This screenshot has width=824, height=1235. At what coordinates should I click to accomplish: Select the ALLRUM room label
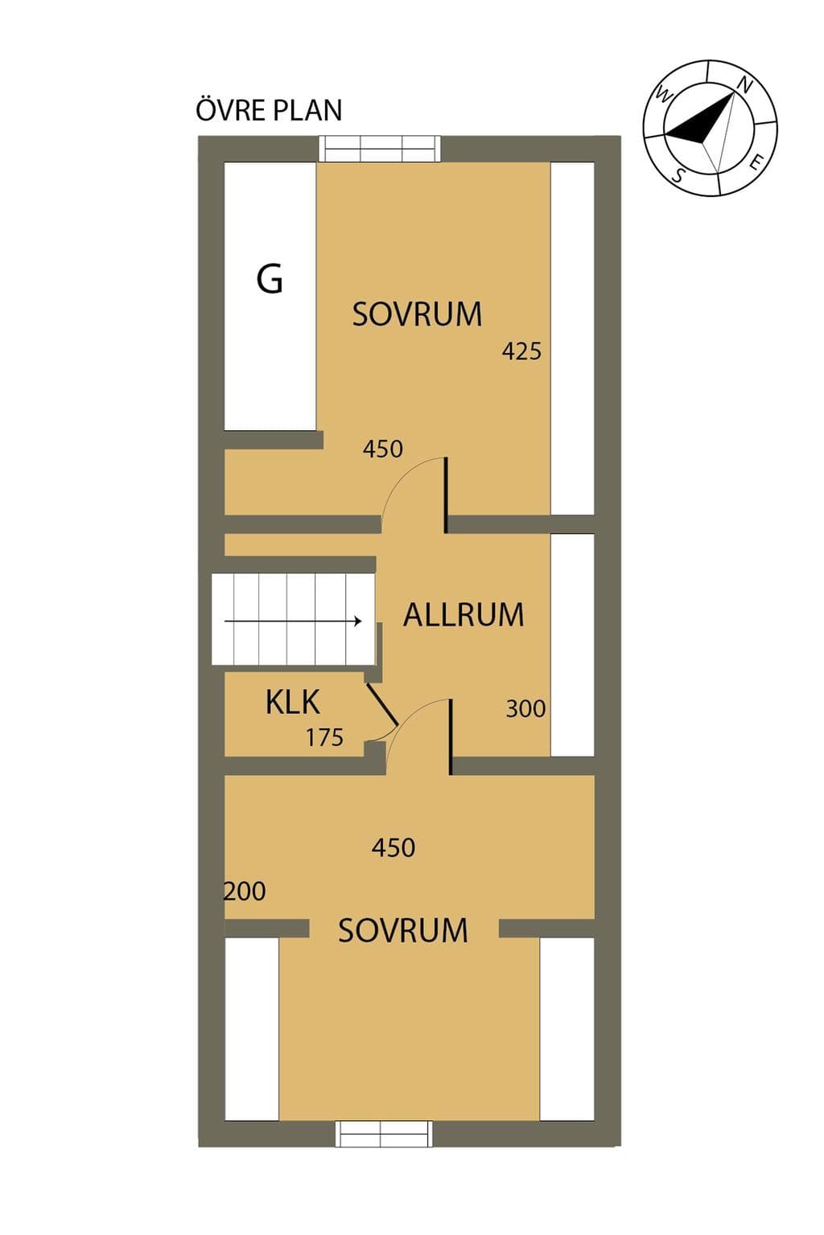coord(463,615)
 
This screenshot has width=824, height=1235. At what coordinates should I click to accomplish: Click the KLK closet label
coord(293,702)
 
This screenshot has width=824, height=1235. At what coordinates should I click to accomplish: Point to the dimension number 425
coord(521,351)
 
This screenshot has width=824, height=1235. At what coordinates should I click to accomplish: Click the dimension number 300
coord(525,708)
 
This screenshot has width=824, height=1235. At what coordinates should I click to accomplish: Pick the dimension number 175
coord(324,737)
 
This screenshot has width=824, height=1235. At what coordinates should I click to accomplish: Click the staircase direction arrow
coord(293,621)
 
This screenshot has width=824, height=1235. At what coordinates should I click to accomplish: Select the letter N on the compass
coord(745,85)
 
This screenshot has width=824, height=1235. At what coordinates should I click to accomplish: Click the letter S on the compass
coord(678,175)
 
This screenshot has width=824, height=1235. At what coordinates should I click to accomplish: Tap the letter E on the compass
coord(758,162)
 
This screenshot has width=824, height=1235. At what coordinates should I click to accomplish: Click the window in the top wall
coord(381,148)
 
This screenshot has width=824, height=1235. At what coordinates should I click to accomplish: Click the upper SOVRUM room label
coord(417,314)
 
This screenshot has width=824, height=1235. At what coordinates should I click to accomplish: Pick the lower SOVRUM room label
coord(403,930)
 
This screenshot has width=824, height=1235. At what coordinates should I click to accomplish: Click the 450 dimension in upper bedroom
coord(382,449)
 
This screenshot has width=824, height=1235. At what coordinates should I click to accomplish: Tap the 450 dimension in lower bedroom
coord(393,847)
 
